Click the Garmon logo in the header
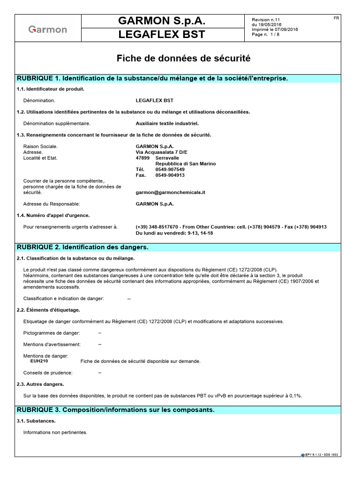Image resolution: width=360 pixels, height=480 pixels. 48,30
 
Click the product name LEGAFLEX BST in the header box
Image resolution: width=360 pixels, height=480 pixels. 162,35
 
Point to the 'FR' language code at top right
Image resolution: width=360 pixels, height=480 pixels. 336,18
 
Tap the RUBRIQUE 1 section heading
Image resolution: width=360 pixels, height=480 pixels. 152,78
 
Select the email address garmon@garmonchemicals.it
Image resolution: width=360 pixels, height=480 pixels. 171,192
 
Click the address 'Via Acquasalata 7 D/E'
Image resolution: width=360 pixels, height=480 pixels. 160,152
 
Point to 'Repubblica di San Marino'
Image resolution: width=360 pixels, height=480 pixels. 182,164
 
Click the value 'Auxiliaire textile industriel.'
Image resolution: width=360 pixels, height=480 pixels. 167,124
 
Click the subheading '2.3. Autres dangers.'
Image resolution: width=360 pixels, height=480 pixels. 40,384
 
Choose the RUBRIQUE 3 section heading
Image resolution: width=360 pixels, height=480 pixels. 115,410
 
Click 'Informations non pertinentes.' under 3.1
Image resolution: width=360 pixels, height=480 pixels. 55,432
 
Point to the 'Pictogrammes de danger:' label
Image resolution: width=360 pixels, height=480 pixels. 52,333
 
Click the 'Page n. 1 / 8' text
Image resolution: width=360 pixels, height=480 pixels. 266,34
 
